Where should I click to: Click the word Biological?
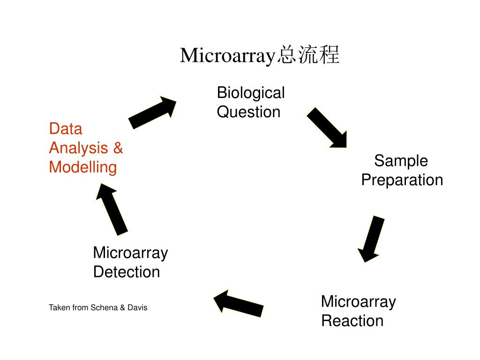pos(251,93)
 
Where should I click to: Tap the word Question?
pos(248,112)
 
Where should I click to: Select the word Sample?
pos(401,161)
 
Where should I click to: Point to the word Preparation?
pos(402,180)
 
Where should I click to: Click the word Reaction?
pos(352,321)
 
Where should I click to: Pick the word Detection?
pos(127,272)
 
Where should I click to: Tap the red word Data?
pos(66,129)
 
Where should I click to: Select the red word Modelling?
pos(83,167)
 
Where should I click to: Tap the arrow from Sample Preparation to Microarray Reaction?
pos(371,239)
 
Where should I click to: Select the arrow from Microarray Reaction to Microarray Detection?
pos(238,304)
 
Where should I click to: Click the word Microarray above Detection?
pos(130,253)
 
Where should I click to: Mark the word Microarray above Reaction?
pos(358,301)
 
